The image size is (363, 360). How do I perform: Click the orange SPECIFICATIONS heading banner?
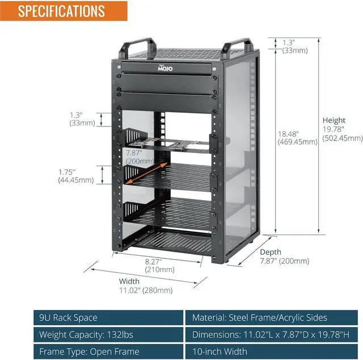[x=61, y=11]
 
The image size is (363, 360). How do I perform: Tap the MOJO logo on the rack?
[x=165, y=69]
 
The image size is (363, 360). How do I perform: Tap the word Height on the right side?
[x=334, y=120]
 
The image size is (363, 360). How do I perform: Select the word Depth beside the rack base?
[x=271, y=252]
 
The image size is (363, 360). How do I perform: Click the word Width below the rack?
[x=129, y=281]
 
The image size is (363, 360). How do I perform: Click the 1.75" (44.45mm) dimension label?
[x=75, y=176]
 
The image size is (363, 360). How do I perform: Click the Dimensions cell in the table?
[x=271, y=334]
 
